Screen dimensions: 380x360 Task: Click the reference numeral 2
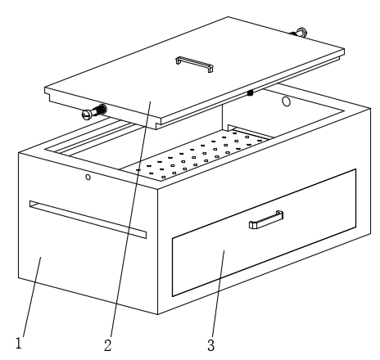(108, 345)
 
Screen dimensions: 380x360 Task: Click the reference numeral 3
(210, 345)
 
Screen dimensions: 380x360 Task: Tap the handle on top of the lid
(194, 64)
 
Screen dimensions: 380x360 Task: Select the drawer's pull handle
(266, 219)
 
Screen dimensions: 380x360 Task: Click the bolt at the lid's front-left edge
(94, 112)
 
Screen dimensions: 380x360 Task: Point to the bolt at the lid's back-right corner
(299, 33)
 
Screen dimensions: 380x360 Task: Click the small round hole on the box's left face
(88, 177)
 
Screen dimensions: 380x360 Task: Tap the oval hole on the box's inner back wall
(286, 101)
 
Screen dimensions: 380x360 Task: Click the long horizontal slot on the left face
(88, 219)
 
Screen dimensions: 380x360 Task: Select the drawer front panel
(264, 232)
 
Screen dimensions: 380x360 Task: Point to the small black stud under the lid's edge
(250, 93)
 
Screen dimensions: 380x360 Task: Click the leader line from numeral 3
(218, 293)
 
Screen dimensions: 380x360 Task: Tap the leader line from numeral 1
(32, 297)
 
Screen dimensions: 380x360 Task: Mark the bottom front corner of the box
(158, 314)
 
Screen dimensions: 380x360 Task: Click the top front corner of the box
(158, 188)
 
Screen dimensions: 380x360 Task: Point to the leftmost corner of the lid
(45, 88)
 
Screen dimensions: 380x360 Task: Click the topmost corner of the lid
(228, 17)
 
